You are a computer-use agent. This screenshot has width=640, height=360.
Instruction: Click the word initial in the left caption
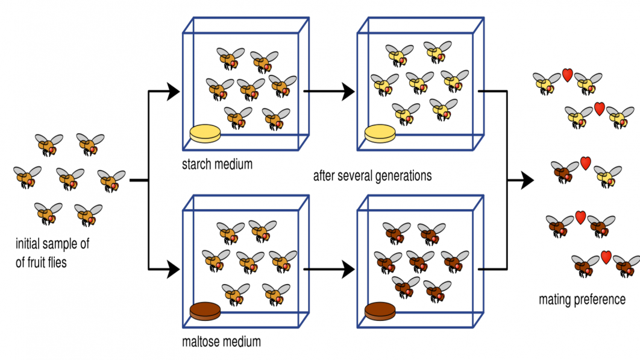[x=30, y=244]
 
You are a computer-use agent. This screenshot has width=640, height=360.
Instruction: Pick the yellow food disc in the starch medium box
[x=204, y=134]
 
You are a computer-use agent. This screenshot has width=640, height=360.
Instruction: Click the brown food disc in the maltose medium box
[x=204, y=311]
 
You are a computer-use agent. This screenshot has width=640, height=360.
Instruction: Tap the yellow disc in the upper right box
[x=380, y=134]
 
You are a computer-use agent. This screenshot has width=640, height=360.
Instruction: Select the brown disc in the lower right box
[x=380, y=311]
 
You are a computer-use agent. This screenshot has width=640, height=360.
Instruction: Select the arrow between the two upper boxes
[x=328, y=92]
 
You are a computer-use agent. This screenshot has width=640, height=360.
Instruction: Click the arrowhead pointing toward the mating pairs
[x=527, y=180]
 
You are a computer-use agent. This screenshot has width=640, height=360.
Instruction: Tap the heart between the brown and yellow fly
[x=585, y=163]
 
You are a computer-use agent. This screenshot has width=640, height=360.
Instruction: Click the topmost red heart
[x=567, y=74]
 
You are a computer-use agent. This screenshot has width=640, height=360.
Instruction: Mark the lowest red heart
[x=606, y=257]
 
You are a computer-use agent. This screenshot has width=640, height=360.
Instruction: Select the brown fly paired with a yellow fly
[x=565, y=172]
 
